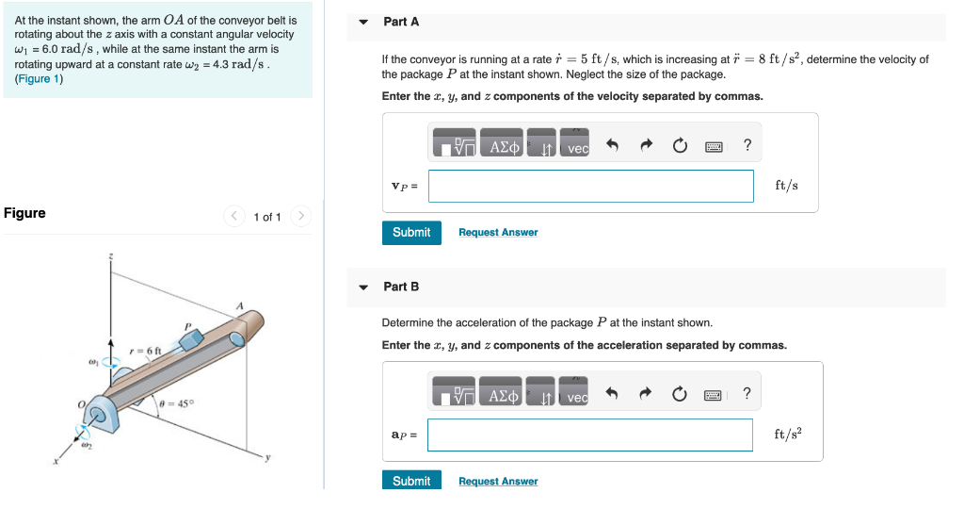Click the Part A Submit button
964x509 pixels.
411,233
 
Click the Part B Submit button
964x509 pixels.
411,481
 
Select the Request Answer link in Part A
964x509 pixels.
498,233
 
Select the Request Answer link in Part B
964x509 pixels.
498,482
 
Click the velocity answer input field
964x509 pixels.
591,186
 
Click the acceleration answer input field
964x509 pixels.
591,435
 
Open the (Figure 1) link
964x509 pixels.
39,79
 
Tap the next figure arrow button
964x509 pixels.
300,217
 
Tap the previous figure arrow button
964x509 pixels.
234,217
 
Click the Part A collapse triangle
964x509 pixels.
364,23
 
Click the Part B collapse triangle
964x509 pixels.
364,287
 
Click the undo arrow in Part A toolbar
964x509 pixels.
612,145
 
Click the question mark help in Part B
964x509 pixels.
747,394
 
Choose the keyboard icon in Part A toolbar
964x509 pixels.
714,146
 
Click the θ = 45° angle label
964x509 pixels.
176,403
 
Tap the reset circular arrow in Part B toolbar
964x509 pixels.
680,395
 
